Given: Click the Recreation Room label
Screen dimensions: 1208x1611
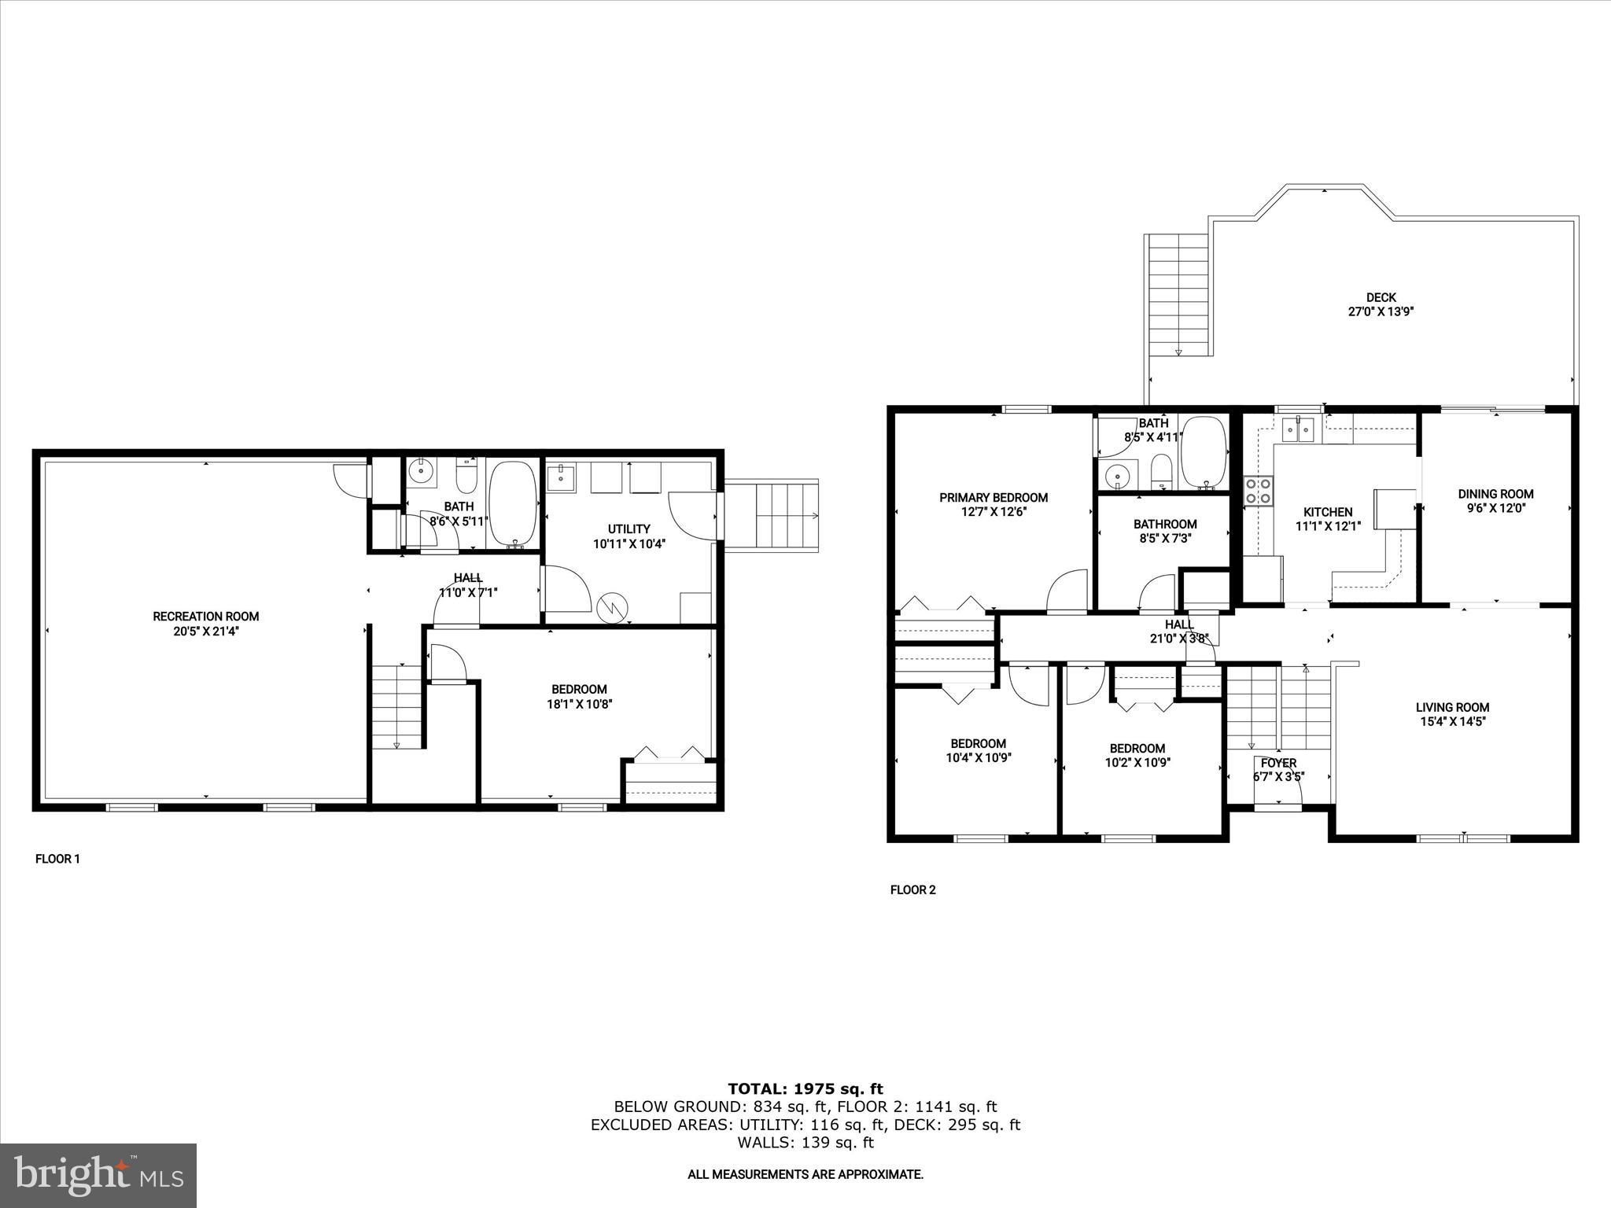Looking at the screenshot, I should [205, 617].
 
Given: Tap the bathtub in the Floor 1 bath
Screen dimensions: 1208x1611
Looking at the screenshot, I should [513, 504].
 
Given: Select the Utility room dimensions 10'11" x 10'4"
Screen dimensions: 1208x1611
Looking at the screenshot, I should [629, 543].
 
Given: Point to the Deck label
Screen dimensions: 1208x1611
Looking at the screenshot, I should [1381, 297].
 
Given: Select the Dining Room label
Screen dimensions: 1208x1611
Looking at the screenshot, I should [1495, 494].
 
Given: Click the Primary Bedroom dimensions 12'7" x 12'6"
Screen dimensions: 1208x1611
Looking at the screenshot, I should [994, 511].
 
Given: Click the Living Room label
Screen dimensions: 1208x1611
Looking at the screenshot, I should [1452, 707].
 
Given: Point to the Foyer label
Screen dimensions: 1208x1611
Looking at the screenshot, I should [1278, 763].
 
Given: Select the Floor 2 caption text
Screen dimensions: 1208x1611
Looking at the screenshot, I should [912, 890].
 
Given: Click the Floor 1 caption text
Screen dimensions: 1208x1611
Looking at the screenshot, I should [57, 859].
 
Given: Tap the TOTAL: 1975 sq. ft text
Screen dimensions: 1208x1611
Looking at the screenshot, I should [805, 1089].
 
